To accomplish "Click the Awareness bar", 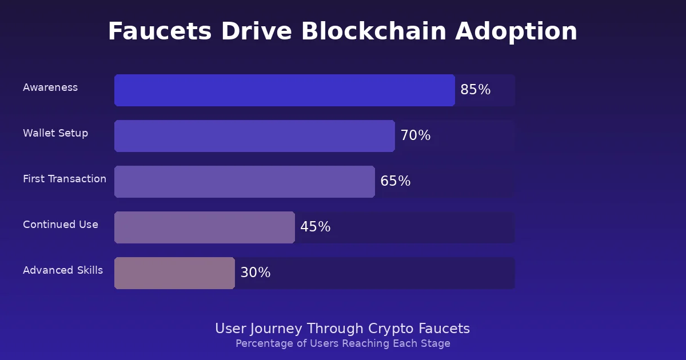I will point(284,90).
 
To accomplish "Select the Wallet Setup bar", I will point(254,136).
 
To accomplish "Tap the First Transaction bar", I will point(244,182).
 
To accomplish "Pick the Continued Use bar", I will point(204,227).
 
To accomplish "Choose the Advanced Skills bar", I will point(174,273).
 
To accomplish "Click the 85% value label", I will point(475,90).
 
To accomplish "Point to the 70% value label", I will point(415,136).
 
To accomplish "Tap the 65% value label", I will point(395,182).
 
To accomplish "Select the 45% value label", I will point(315,227).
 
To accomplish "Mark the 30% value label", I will point(255,273).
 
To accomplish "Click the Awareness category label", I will point(50,87).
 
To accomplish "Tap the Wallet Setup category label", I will point(55,133).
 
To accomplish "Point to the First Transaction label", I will point(65,179).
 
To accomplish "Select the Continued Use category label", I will point(61,225).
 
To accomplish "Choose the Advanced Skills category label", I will point(63,270).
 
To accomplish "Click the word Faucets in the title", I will point(153,31).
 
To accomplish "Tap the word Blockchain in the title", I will point(373,31).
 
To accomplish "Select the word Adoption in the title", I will point(516,31).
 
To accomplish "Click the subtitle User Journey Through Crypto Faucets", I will point(342,329).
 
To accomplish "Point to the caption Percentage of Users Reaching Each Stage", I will point(342,343).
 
